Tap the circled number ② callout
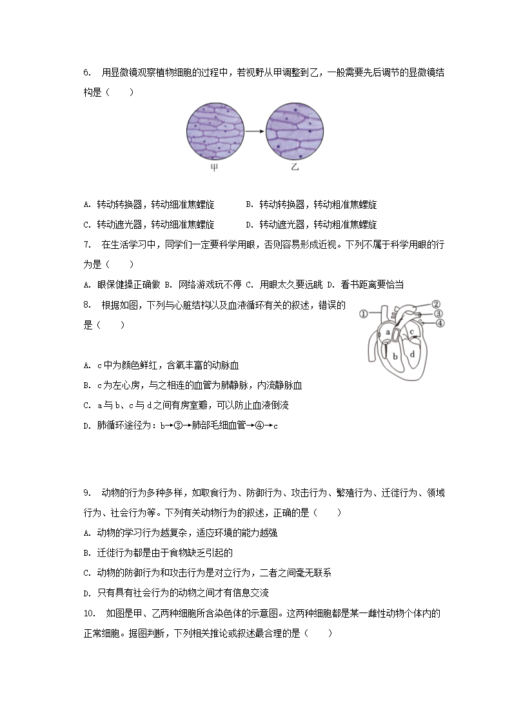(435, 304)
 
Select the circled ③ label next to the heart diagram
(438, 314)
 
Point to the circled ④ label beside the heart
(440, 324)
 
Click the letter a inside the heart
(388, 333)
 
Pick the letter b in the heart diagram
(394, 355)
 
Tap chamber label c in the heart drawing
(412, 333)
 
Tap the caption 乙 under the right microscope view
(295, 168)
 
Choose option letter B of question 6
(249, 205)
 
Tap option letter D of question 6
(249, 225)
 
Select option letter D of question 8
(86, 426)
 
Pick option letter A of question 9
(86, 533)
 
